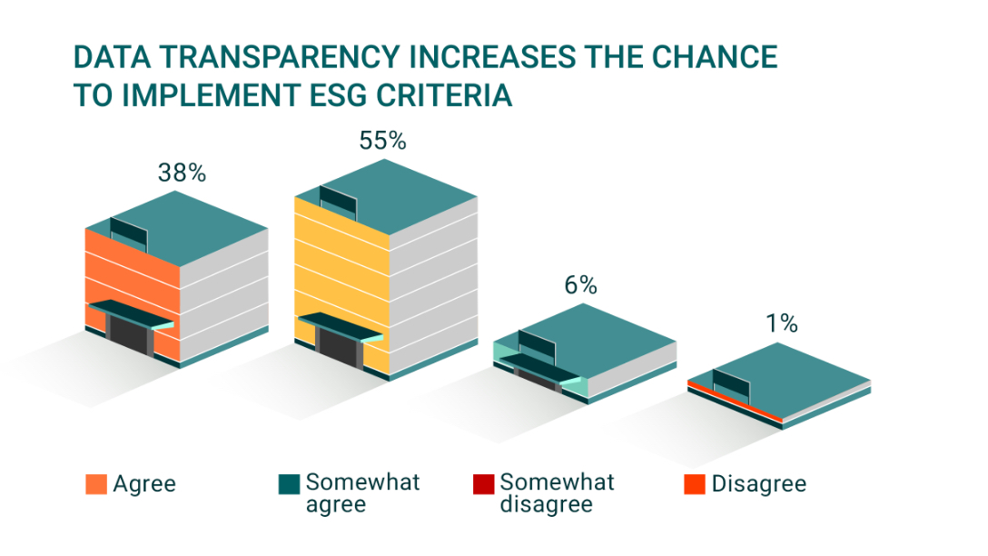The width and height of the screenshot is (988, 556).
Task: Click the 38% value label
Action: pos(183,173)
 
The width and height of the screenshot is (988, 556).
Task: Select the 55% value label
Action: pos(382,141)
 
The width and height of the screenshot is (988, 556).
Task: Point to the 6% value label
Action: pos(580,285)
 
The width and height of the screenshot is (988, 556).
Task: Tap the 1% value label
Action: pos(782,323)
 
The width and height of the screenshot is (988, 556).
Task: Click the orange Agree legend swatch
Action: pos(96,484)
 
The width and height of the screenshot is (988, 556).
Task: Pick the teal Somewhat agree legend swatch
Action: pos(289,484)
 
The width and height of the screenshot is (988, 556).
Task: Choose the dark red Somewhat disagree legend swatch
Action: pos(483,484)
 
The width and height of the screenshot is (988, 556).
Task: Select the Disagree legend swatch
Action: pos(695,484)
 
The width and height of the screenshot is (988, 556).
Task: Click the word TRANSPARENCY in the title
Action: pos(280,56)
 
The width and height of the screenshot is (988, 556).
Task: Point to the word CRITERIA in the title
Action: pos(444,95)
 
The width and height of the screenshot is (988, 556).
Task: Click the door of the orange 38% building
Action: pos(130,333)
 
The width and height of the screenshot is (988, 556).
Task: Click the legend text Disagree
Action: pos(758,484)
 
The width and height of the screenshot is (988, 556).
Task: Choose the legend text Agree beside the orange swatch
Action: pos(144,484)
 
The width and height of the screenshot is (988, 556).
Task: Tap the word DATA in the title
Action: pos(113,56)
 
